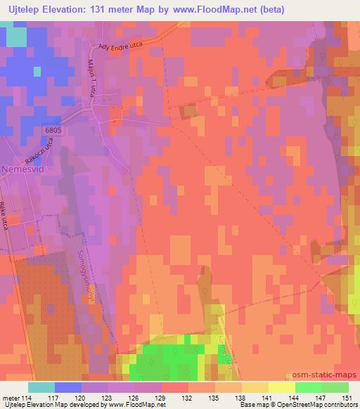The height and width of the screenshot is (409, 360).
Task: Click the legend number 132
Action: [x=188, y=398]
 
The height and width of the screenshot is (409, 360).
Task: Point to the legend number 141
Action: [x=269, y=398]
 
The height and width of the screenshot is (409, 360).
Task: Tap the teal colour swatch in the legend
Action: [x=41, y=387]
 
